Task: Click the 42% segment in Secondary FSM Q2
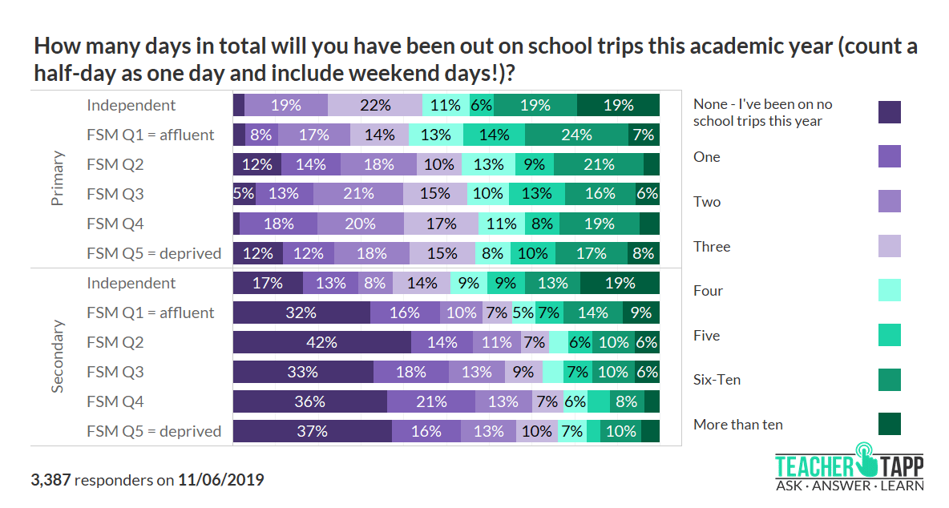tap(322, 342)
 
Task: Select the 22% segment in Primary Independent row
tap(374, 105)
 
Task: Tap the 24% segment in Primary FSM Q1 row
tap(576, 135)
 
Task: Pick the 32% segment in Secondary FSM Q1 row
tap(301, 312)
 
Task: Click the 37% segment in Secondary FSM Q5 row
tap(312, 431)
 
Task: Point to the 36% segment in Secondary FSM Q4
tap(309, 401)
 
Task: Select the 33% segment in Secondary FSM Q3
tap(303, 372)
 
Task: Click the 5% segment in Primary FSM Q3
tap(244, 194)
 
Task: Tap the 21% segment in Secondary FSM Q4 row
tap(430, 401)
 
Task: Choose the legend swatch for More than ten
tap(889, 424)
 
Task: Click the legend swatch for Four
tap(889, 290)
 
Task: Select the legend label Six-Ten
tap(717, 380)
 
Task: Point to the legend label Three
tap(712, 246)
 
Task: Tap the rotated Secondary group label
tap(58, 357)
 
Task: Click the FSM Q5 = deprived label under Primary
tap(154, 253)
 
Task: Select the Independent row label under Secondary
tap(131, 283)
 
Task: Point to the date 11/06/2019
tap(220, 480)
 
